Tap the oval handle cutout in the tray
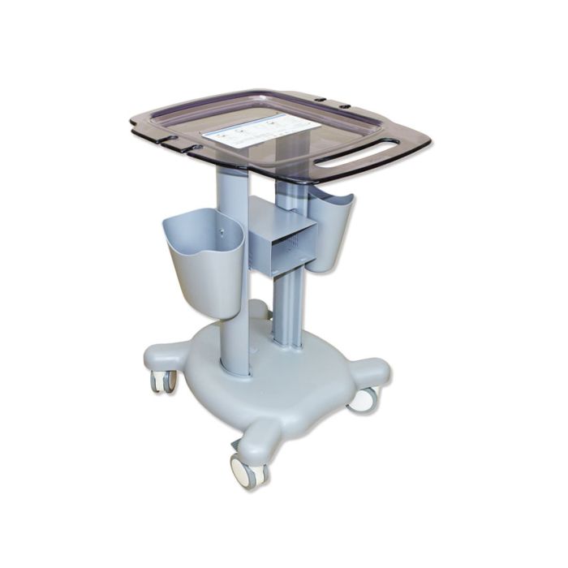pyautogui.click(x=358, y=152)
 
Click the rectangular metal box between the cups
pyautogui.click(x=280, y=237)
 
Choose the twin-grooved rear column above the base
pyautogui.click(x=287, y=312)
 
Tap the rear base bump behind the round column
pyautogui.click(x=258, y=310)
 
